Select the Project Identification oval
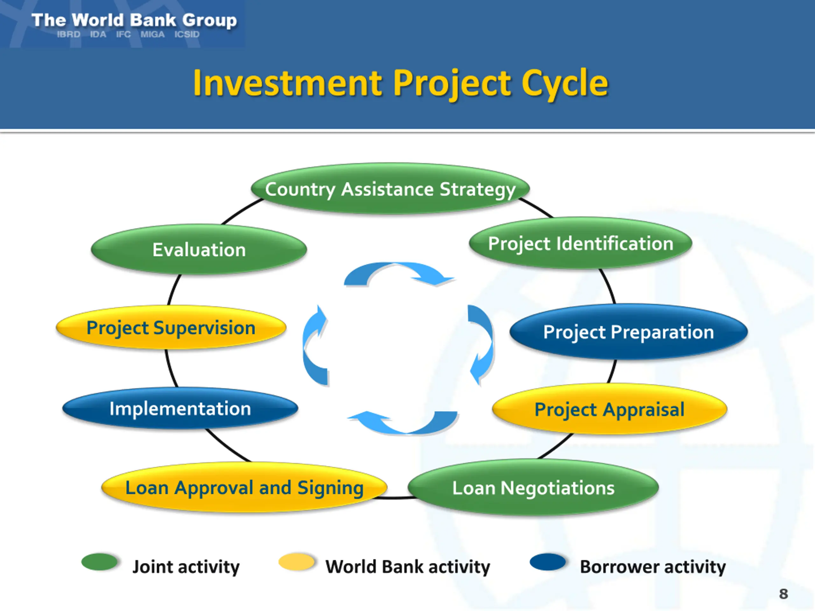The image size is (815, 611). pyautogui.click(x=580, y=243)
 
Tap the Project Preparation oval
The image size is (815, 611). pyautogui.click(x=628, y=332)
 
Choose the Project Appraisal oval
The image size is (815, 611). pyautogui.click(x=609, y=409)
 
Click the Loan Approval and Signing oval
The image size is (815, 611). pyautogui.click(x=244, y=487)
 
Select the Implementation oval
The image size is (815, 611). pyautogui.click(x=180, y=408)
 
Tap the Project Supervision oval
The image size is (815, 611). pyautogui.click(x=171, y=327)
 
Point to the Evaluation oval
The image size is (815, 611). pyautogui.click(x=199, y=249)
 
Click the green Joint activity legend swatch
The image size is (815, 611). pyautogui.click(x=99, y=562)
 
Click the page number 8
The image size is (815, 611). pyautogui.click(x=783, y=594)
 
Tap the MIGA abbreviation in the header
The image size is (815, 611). pyautogui.click(x=152, y=34)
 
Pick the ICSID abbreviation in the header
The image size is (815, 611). pyautogui.click(x=187, y=34)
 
